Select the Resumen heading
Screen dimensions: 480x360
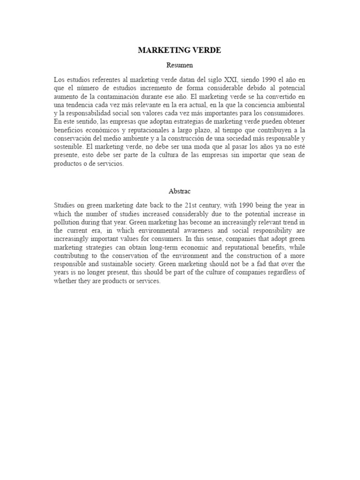point(180,65)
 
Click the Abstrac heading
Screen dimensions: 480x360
point(180,191)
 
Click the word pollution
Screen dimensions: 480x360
point(67,222)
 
